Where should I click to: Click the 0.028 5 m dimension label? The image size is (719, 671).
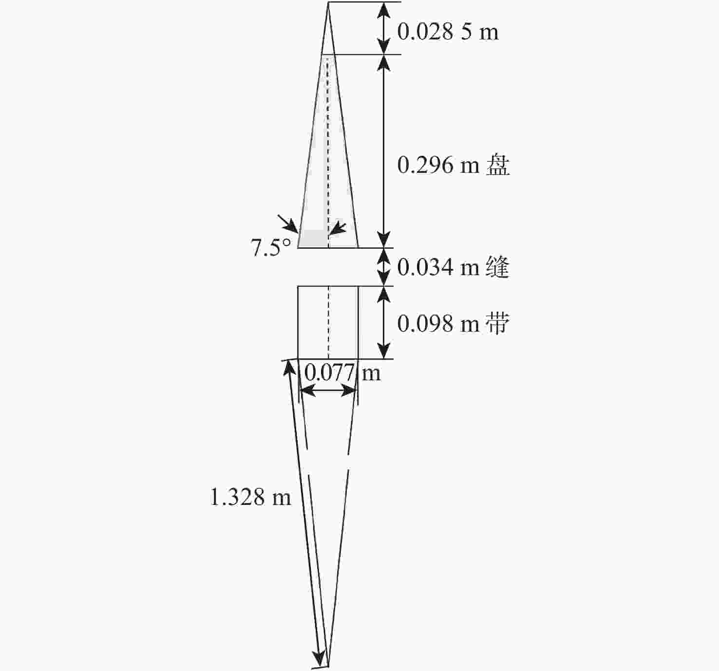(x=448, y=32)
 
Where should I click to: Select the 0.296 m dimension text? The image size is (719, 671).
(x=438, y=166)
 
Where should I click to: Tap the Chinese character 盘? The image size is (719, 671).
(x=498, y=165)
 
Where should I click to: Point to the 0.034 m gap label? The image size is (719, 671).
(x=438, y=267)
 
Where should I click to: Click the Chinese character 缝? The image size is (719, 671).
(x=498, y=267)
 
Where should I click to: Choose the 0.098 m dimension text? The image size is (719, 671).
(x=438, y=323)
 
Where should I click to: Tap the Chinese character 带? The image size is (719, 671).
(x=498, y=323)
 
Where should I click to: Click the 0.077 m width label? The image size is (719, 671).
(x=342, y=373)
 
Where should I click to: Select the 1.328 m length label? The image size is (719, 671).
(x=250, y=497)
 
